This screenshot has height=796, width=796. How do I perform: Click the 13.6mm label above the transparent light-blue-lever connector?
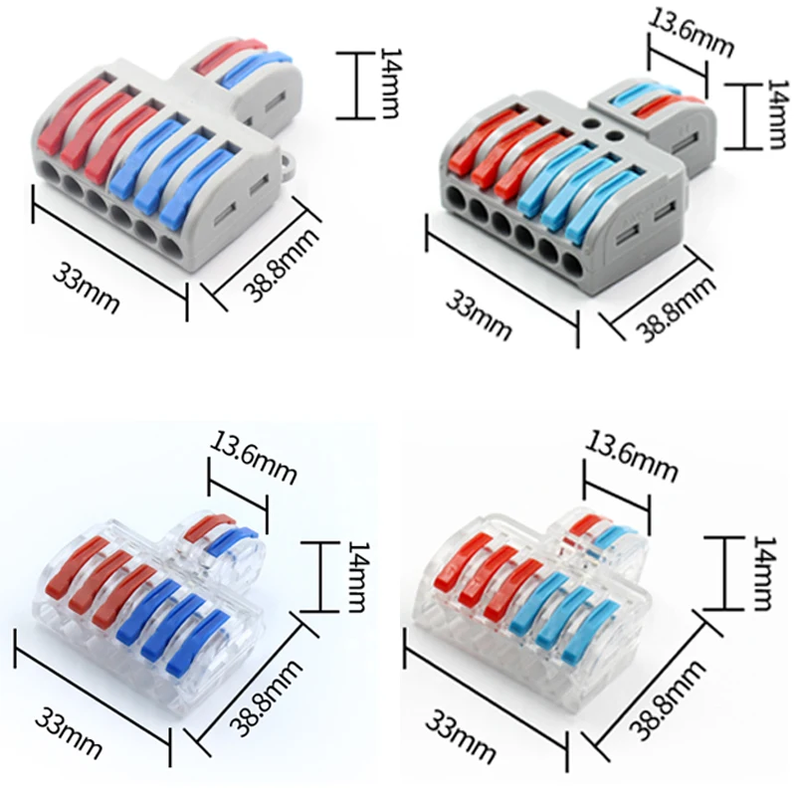pos(633,456)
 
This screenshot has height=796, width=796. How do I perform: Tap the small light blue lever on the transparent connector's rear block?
pos(615,538)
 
